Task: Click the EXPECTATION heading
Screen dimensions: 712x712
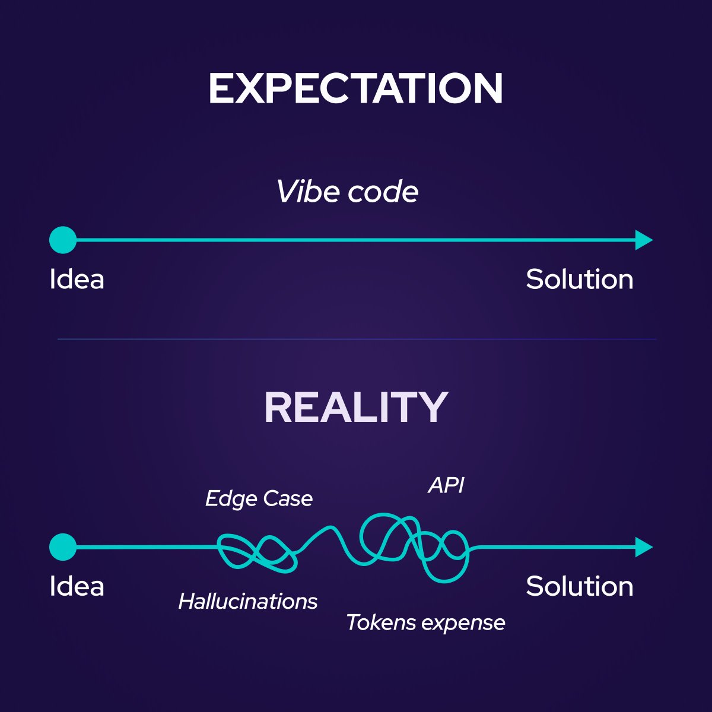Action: tap(355, 89)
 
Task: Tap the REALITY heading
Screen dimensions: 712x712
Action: tap(355, 407)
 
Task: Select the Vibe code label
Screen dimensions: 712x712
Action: tap(347, 192)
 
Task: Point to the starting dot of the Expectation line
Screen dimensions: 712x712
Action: tap(63, 240)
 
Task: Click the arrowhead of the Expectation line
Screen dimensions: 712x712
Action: tap(643, 240)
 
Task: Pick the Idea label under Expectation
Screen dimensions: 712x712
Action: tap(77, 279)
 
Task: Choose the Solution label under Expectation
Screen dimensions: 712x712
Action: tap(579, 279)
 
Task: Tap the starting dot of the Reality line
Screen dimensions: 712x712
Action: tap(63, 547)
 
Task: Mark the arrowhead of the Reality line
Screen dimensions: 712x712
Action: tap(643, 547)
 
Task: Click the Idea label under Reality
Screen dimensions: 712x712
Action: tap(77, 586)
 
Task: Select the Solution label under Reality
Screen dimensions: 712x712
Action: tap(579, 586)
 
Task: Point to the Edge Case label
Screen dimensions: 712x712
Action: tap(259, 499)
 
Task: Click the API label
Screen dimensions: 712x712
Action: tap(446, 485)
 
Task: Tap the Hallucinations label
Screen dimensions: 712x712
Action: tap(248, 602)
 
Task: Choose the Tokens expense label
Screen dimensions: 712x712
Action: tap(425, 622)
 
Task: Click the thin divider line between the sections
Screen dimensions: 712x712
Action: tap(356, 339)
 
